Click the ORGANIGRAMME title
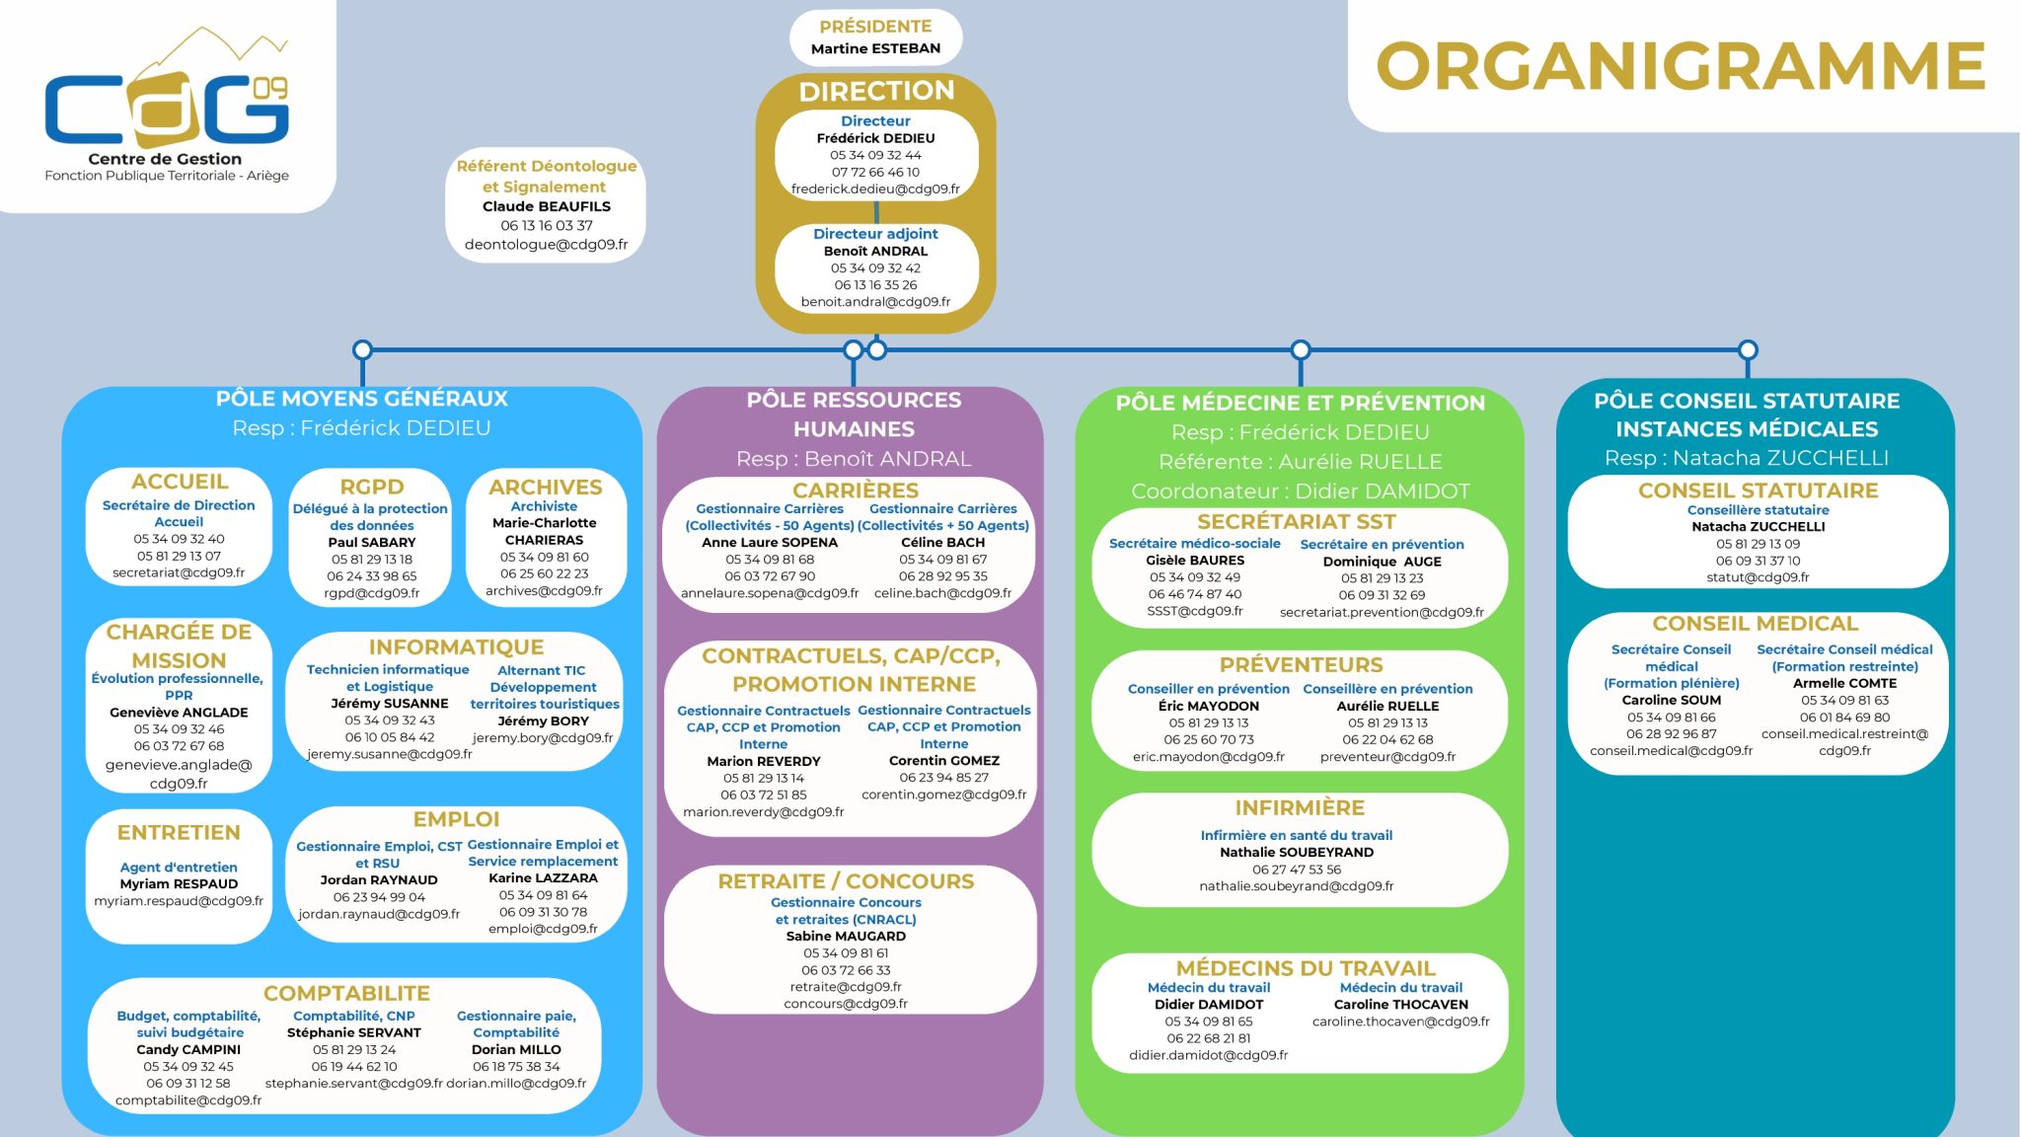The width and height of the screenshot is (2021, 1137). coord(1681,66)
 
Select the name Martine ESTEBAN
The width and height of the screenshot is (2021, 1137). coord(875,48)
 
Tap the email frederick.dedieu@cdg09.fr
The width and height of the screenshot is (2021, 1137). coord(875,189)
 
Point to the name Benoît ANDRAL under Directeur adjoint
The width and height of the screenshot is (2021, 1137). coord(875,251)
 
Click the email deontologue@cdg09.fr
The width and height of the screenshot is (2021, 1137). coord(546,244)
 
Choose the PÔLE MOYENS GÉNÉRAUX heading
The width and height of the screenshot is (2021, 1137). coord(361,399)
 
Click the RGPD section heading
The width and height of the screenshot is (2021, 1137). coord(372,487)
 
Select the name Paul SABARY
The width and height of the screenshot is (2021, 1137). coord(372,542)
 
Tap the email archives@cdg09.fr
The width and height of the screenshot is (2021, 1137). coord(544,590)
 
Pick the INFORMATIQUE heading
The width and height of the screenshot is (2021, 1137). coord(456,647)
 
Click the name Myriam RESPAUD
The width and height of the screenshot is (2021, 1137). coord(179,883)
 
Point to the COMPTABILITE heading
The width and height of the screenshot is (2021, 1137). coord(346,993)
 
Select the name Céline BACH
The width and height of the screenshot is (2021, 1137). coord(942,542)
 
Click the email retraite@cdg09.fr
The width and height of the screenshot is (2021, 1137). coord(846,986)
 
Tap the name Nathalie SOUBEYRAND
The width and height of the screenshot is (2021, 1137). coord(1296,852)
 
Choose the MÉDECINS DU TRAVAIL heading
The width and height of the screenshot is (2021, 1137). coord(1305,968)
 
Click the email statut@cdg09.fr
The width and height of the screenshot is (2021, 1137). coord(1758,577)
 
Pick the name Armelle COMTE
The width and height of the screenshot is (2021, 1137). coord(1844,683)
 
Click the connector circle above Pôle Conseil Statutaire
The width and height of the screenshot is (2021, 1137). coord(1748,349)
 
